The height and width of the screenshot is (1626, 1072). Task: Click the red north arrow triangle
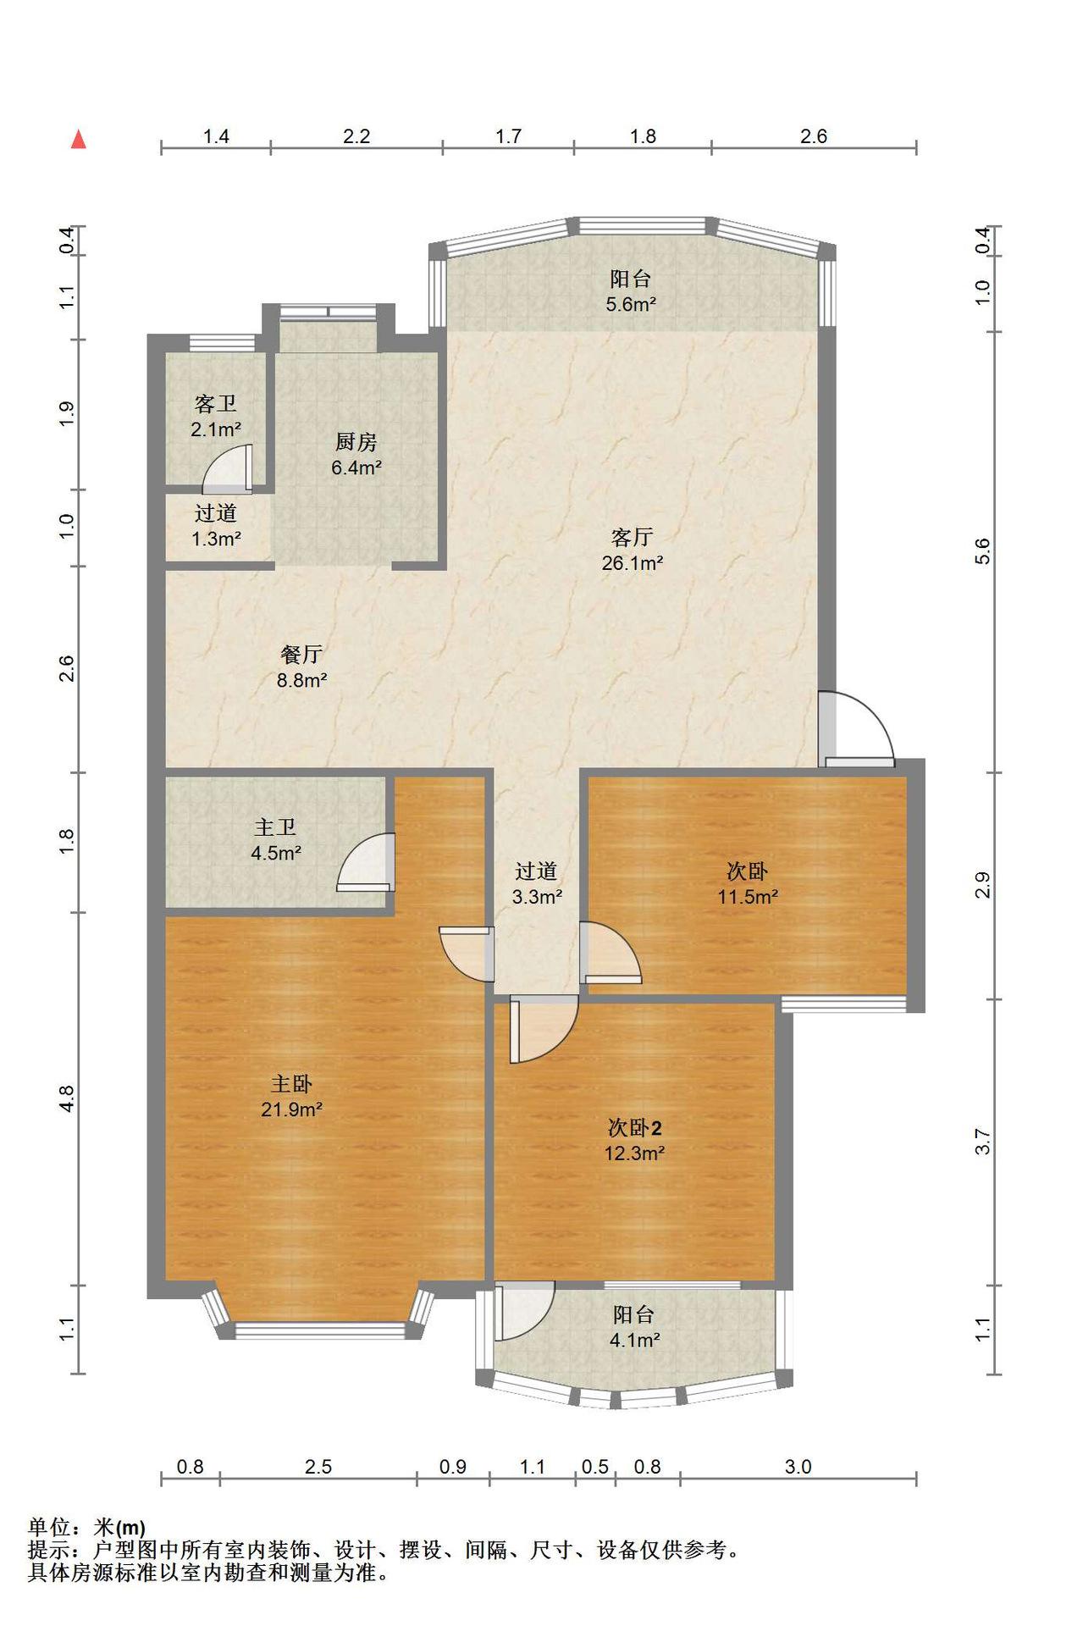(79, 139)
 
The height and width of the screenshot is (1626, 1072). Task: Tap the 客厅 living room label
(632, 537)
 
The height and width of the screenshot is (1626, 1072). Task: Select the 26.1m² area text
(632, 562)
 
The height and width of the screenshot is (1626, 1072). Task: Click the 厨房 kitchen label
(356, 441)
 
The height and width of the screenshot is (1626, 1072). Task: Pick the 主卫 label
(275, 827)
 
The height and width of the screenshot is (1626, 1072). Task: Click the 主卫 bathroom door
(366, 862)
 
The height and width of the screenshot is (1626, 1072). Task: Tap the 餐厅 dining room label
(301, 654)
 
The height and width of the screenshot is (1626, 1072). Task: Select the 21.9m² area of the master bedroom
(291, 1109)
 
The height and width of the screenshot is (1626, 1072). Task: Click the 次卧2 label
(634, 1127)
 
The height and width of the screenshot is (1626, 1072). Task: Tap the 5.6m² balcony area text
(631, 304)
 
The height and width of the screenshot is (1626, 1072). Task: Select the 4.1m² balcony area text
(634, 1340)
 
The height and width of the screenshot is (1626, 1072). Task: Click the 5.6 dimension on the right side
(982, 551)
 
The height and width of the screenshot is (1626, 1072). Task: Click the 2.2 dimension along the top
(356, 136)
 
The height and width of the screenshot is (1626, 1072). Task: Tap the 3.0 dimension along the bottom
(798, 1467)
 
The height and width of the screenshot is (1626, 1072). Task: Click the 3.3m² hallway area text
(537, 896)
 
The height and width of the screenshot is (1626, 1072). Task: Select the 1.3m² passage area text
(217, 538)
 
